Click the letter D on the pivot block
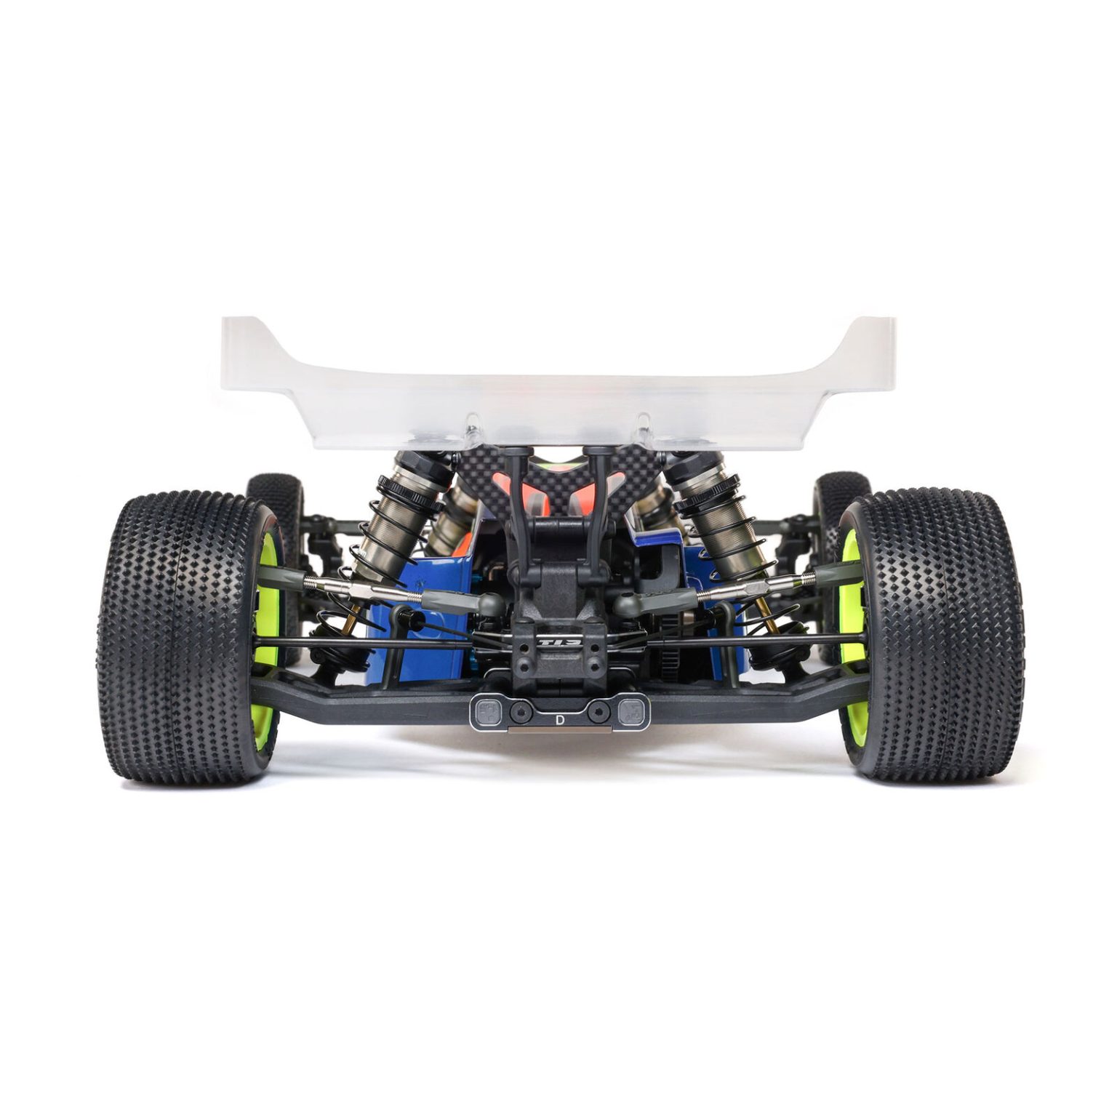[558, 720]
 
